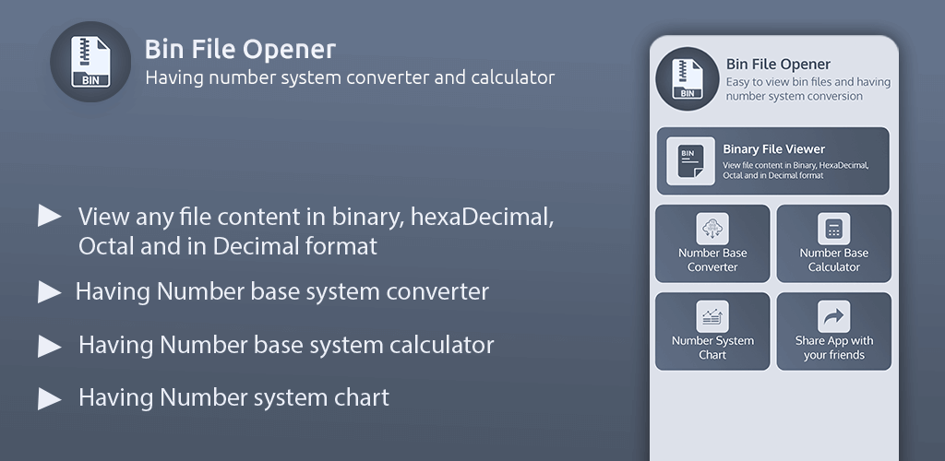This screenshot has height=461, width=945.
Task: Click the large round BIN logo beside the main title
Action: click(90, 62)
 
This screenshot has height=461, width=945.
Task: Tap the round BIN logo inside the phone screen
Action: click(687, 79)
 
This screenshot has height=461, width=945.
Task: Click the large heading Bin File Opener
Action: click(240, 50)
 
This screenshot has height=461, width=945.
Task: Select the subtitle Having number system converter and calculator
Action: click(350, 78)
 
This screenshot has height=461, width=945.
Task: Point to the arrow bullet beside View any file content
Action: click(50, 216)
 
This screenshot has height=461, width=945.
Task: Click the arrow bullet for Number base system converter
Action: click(50, 292)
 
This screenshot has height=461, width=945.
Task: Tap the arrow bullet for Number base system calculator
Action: click(50, 346)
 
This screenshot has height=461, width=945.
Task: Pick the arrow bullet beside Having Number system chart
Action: click(50, 398)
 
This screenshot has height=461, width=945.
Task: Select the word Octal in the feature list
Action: click(111, 246)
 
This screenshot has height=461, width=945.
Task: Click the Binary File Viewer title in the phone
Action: click(774, 149)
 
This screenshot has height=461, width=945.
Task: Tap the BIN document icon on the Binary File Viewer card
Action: click(690, 160)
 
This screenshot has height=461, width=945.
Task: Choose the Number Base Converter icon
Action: click(712, 229)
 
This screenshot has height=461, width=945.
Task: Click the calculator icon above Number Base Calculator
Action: click(833, 229)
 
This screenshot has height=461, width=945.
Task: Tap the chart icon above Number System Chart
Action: click(712, 316)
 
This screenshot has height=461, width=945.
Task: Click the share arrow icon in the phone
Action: click(833, 316)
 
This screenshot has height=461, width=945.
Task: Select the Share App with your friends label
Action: click(834, 348)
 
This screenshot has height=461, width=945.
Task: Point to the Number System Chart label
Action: click(712, 348)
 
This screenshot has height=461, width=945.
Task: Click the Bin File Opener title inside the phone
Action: click(778, 65)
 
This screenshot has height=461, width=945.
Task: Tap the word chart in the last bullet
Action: click(361, 397)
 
